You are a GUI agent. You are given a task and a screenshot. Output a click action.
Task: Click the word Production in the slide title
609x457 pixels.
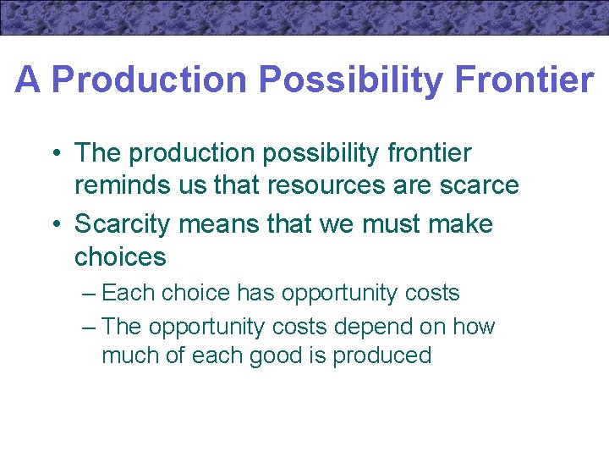pos(150,80)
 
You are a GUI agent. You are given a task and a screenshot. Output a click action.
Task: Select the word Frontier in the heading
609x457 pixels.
pos(524,80)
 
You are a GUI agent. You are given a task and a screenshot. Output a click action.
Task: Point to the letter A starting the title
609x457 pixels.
pos(27,80)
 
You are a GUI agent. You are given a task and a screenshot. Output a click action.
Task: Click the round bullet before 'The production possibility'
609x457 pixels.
pos(54,154)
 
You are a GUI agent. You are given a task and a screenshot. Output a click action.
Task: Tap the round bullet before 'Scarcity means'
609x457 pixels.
pos(54,225)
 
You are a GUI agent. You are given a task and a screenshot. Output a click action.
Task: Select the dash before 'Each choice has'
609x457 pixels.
pos(89,294)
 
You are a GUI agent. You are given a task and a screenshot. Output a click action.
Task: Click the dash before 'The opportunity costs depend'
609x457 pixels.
pos(89,327)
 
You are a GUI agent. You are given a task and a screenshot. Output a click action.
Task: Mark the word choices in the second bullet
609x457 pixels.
pos(120,256)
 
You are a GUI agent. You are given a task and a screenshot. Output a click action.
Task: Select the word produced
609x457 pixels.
pos(381,355)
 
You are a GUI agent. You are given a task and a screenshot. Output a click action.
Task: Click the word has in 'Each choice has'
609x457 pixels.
pos(255,294)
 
